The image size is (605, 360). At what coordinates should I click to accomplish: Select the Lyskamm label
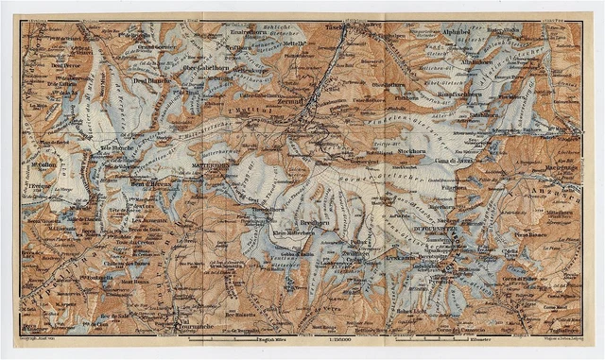click(400, 257)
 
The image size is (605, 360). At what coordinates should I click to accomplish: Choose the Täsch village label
click(337, 29)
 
